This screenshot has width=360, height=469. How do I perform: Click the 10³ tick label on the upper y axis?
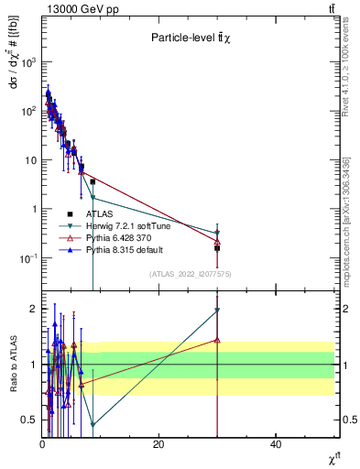click(x=27, y=62)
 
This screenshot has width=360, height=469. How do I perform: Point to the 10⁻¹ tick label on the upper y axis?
click(x=27, y=258)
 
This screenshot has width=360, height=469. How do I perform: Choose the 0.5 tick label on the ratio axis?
click(x=28, y=420)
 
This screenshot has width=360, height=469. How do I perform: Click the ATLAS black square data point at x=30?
click(x=217, y=247)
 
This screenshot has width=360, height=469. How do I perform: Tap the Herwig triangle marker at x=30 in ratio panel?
click(x=217, y=311)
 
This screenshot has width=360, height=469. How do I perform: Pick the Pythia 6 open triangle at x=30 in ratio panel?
click(x=217, y=340)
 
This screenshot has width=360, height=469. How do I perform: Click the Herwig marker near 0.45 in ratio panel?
click(x=93, y=425)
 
